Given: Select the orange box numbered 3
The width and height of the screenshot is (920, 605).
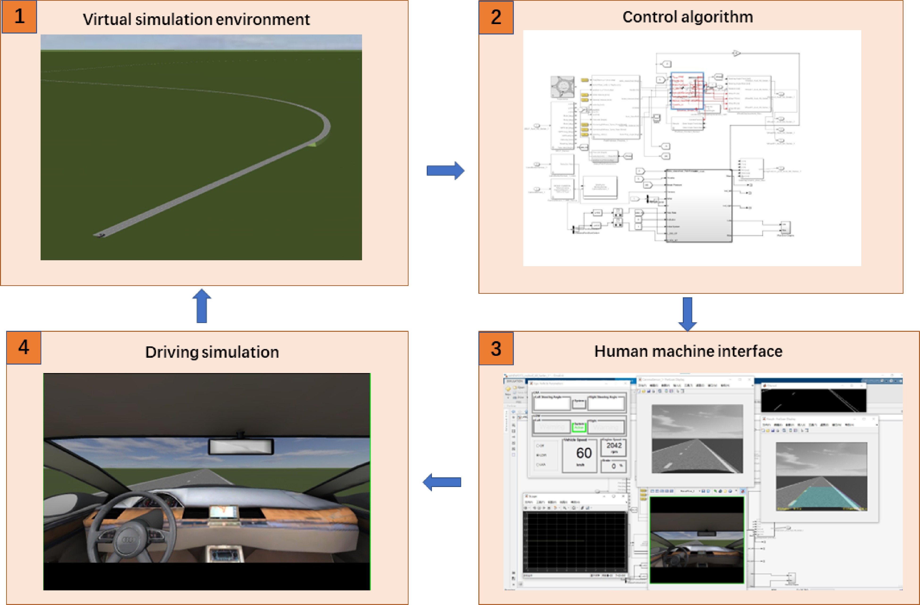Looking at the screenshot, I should [x=496, y=349].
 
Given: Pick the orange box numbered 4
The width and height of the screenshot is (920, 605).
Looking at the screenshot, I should [x=24, y=347].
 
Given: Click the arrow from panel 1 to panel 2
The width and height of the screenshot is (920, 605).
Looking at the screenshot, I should [x=445, y=170].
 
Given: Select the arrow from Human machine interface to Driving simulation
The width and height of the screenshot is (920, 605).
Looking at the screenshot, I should [x=442, y=482].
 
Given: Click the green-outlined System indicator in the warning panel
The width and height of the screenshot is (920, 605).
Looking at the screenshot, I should [x=579, y=427].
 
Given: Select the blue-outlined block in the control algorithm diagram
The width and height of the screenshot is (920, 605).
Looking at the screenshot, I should [x=687, y=91].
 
